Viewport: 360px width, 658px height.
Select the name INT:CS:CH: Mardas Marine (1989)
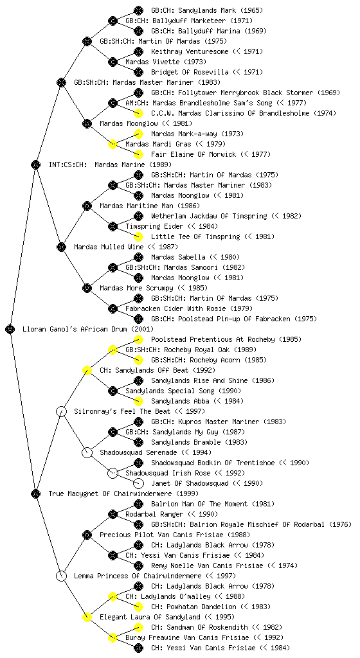(111, 165)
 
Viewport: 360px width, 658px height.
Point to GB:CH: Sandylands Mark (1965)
(207, 10)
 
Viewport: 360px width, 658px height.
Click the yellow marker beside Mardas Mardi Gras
(113, 145)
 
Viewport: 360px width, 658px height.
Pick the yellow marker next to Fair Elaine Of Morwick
(138, 154)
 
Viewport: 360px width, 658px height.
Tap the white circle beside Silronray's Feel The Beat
(61, 412)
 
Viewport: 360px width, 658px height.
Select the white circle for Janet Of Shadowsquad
(138, 483)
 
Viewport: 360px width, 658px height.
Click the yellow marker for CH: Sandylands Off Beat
(87, 371)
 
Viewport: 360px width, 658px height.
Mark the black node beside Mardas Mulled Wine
(61, 247)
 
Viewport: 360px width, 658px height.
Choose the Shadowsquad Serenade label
(156, 453)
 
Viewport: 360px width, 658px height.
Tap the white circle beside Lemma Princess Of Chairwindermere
(61, 576)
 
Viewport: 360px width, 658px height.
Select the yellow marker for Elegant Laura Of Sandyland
(87, 618)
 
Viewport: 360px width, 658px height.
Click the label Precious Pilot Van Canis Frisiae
(175, 535)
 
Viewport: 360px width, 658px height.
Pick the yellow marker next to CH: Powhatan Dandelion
(138, 607)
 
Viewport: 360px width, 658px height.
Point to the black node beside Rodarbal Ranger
(113, 515)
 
